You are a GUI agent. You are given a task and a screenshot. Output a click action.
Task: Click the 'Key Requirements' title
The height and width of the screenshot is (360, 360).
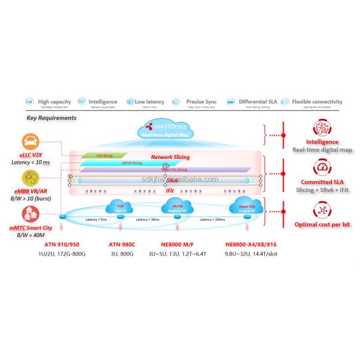(52, 118)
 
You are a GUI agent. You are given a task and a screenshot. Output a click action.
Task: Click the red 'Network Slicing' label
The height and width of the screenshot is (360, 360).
(170, 157)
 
